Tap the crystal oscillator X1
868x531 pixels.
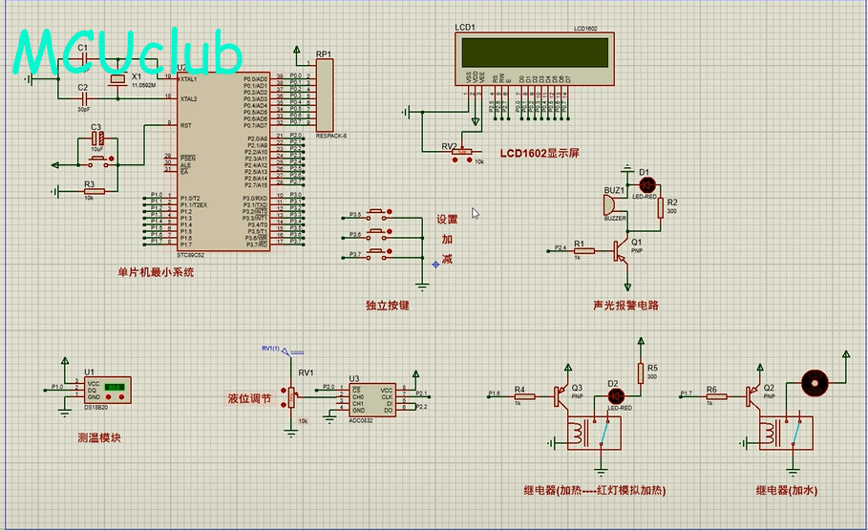(117, 83)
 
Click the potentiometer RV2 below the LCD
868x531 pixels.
(463, 151)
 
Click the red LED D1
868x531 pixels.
(646, 182)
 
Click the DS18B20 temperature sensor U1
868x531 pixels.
(112, 388)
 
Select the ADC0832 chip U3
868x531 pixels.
(372, 399)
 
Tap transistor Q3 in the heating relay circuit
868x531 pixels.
(561, 393)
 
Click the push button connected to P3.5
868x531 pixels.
(377, 214)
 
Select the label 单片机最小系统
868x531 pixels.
(156, 272)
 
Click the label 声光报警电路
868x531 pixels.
(625, 306)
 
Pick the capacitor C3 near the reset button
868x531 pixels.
(97, 138)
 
